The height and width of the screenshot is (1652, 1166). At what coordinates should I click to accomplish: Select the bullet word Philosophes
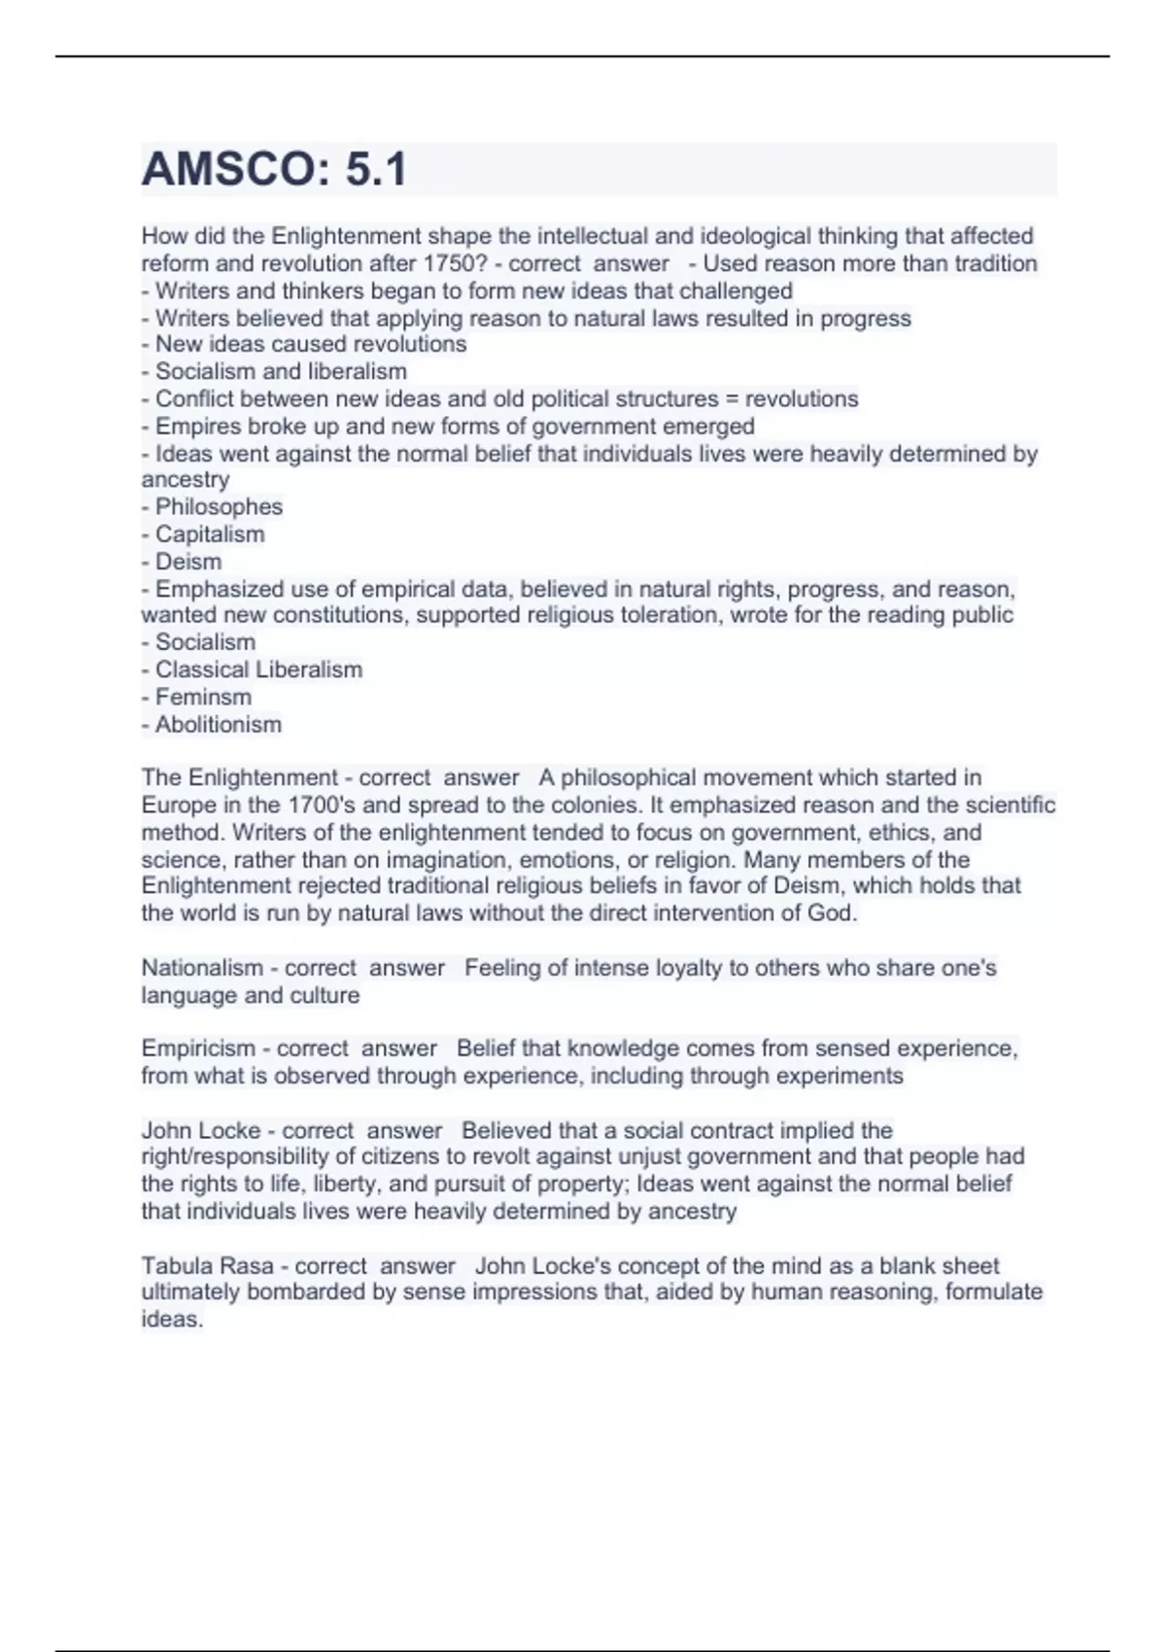tap(219, 506)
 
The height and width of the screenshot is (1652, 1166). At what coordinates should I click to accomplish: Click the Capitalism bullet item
tap(210, 533)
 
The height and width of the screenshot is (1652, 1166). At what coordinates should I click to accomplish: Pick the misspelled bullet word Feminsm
tap(203, 697)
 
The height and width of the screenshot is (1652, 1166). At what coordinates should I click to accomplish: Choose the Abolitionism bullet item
tap(219, 724)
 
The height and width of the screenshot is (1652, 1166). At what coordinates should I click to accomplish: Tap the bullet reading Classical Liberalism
tap(258, 670)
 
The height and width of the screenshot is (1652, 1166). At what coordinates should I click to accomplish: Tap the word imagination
tap(448, 860)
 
